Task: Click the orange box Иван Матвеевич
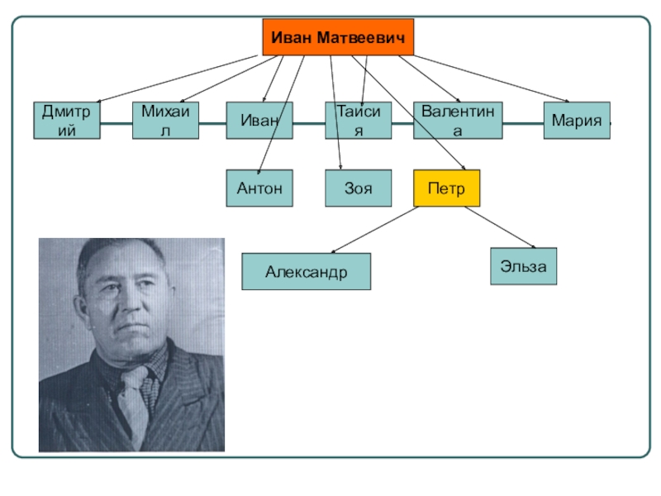coord(338,37)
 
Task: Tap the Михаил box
coord(166,120)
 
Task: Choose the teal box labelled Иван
coord(259,120)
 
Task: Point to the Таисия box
coord(357,120)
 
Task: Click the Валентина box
coord(458,120)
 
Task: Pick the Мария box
coord(576,120)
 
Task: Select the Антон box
coord(259,188)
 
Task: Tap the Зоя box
coord(358,188)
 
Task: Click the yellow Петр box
coord(446,188)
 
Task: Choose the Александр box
coord(306,271)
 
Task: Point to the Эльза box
coord(523,266)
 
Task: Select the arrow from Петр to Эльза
coord(500,227)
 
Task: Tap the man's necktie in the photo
coord(132,397)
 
